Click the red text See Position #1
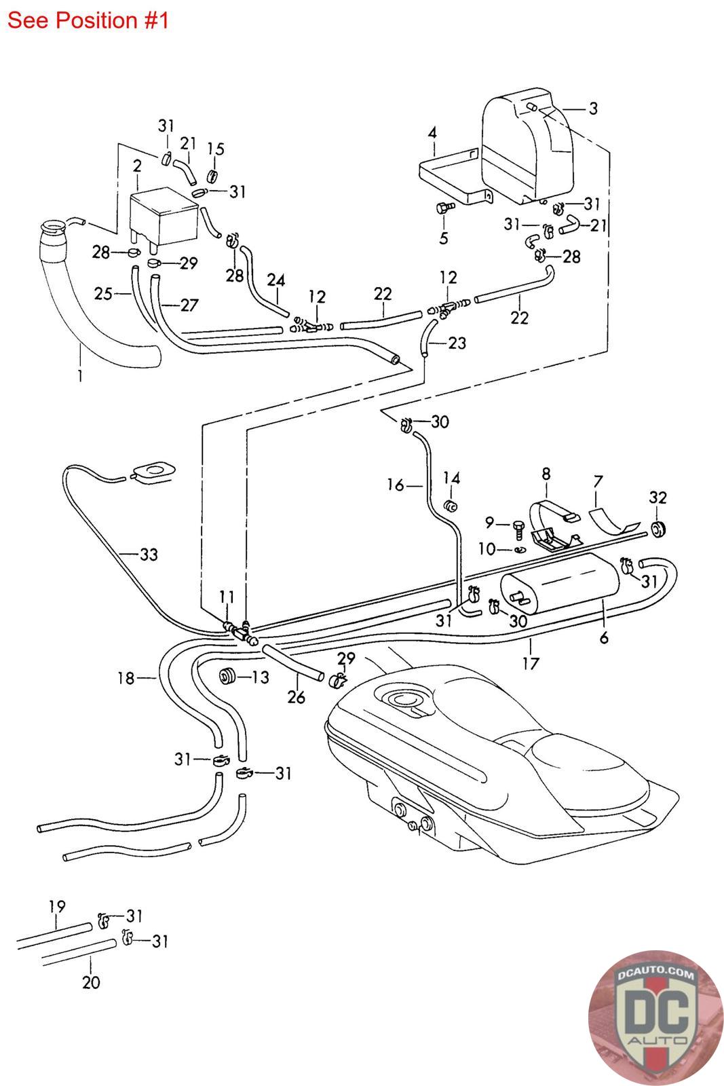pos(88,20)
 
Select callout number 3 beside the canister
pos(592,109)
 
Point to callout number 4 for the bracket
pos(432,132)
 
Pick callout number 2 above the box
pos(137,166)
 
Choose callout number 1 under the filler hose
pos(80,374)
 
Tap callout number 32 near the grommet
pos(658,498)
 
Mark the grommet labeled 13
pos(227,676)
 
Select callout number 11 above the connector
pos(227,597)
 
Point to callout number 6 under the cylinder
pos(604,637)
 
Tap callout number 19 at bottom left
pos(57,906)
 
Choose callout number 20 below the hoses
pos(91,981)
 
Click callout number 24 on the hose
pos(276,280)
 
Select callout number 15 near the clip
pos(215,149)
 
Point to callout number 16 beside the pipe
pos(396,485)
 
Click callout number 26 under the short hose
pos(297,696)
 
